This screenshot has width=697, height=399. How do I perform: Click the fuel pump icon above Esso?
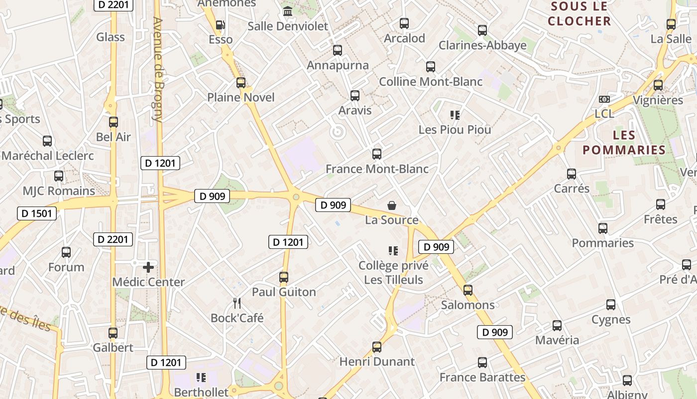220,25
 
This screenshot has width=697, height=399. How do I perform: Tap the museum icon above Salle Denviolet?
288,11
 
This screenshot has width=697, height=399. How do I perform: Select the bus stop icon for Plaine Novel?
241,83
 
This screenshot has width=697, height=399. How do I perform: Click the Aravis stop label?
355,110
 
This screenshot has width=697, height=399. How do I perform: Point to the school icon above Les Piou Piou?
455,115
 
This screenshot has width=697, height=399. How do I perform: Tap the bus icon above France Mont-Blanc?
377,154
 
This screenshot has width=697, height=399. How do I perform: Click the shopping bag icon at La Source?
392,205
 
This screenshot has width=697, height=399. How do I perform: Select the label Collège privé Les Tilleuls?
393,272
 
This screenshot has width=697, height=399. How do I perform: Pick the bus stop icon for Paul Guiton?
284,277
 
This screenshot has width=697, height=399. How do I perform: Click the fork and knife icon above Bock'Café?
237,303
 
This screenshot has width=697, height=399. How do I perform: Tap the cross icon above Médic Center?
148,267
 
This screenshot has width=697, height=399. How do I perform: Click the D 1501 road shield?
37,213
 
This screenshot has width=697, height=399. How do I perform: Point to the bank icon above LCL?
604,99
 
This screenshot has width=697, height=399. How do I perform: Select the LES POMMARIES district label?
624,143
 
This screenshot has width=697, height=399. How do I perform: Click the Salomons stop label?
467,305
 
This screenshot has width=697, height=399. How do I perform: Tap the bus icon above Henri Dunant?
377,347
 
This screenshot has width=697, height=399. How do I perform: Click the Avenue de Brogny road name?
158,70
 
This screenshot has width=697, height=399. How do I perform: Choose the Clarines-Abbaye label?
482,45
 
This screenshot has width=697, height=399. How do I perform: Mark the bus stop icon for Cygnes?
611,305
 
